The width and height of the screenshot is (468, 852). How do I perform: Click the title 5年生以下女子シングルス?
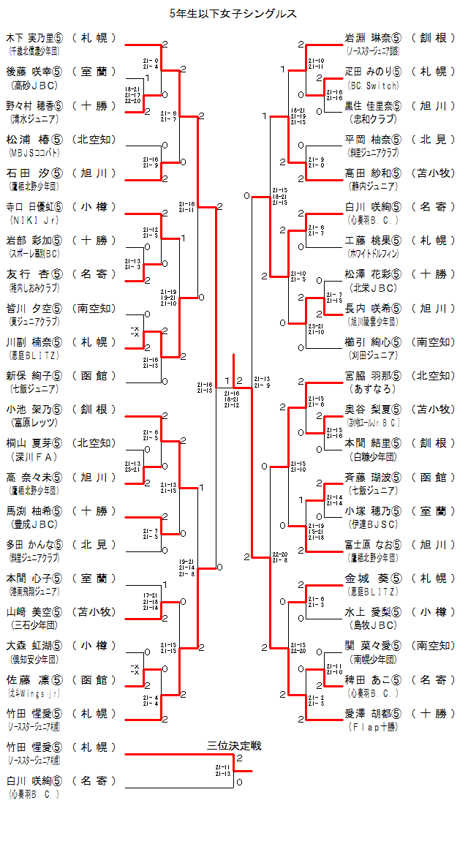pyautogui.click(x=233, y=14)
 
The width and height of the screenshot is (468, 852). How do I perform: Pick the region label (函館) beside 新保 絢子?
pyautogui.click(x=94, y=375)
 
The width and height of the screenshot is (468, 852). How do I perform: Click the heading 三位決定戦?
pyautogui.click(x=234, y=746)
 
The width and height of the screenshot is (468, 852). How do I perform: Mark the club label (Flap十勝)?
pyautogui.click(x=373, y=727)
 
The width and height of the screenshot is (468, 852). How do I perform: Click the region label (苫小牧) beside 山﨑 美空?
pyautogui.click(x=94, y=612)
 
